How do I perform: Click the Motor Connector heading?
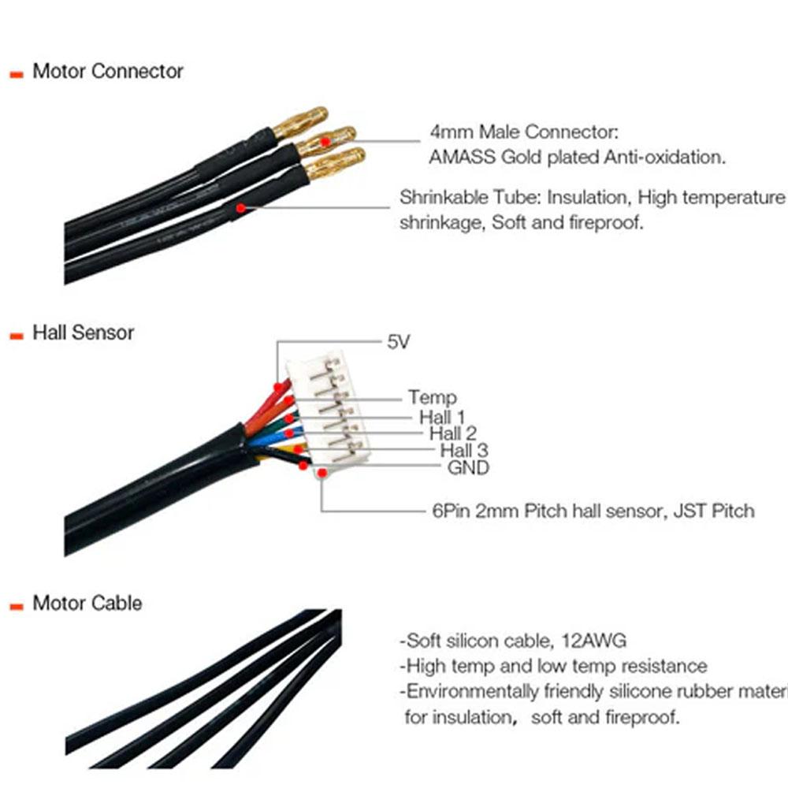point(107,71)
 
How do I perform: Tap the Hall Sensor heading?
point(83,333)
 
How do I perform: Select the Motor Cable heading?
point(87,604)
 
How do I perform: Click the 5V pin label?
point(399,342)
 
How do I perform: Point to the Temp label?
point(432,398)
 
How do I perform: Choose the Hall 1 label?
point(442,416)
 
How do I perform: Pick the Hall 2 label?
point(453,433)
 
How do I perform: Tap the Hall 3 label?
point(464,451)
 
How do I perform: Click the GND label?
point(468,468)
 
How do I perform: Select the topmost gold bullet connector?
point(300,121)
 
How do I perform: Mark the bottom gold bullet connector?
point(336,164)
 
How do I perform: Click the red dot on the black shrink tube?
point(239,208)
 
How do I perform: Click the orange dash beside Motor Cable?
point(16,606)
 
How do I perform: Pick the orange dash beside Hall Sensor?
point(16,335)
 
